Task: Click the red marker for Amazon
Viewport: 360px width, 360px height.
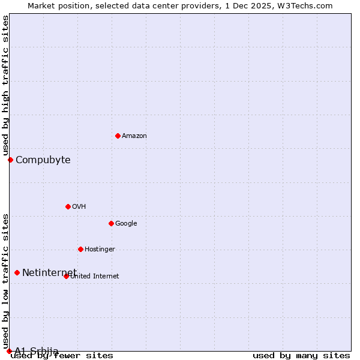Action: [118, 136]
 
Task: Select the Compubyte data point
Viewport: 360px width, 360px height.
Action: [10, 160]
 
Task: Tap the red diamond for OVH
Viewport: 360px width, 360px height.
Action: [68, 206]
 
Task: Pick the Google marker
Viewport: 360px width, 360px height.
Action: [111, 223]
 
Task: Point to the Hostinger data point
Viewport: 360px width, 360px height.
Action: [80, 249]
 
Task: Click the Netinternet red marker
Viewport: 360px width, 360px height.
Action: [17, 273]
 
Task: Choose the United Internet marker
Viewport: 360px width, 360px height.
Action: [66, 276]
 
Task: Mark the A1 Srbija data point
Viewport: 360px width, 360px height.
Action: [9, 351]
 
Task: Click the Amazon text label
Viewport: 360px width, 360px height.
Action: [134, 136]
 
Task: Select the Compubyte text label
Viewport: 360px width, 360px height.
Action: [43, 160]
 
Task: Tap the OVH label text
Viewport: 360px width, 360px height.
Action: [79, 207]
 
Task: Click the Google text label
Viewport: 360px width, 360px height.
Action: [126, 224]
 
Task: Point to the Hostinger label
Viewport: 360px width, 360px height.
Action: [100, 250]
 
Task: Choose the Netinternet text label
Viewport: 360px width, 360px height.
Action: [49, 273]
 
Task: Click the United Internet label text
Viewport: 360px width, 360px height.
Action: [95, 277]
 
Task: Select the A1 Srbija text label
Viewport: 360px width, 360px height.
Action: [37, 351]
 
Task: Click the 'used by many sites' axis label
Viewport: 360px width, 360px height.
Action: [301, 355]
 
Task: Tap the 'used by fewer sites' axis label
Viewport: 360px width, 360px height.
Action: [62, 355]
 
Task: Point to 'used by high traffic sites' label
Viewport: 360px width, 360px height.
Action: [5, 86]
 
